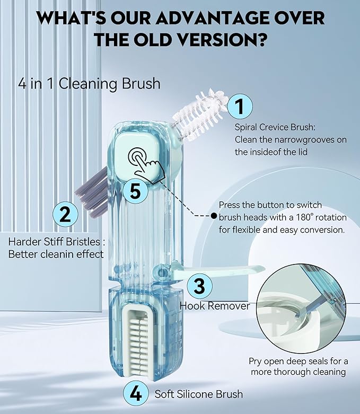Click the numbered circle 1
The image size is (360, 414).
[240, 107]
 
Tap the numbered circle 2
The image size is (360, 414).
[65, 215]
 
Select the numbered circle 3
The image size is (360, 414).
[199, 286]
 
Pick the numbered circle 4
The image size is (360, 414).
[136, 394]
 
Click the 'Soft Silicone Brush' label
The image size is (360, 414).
[199, 394]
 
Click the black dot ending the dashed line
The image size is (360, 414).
[213, 216]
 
